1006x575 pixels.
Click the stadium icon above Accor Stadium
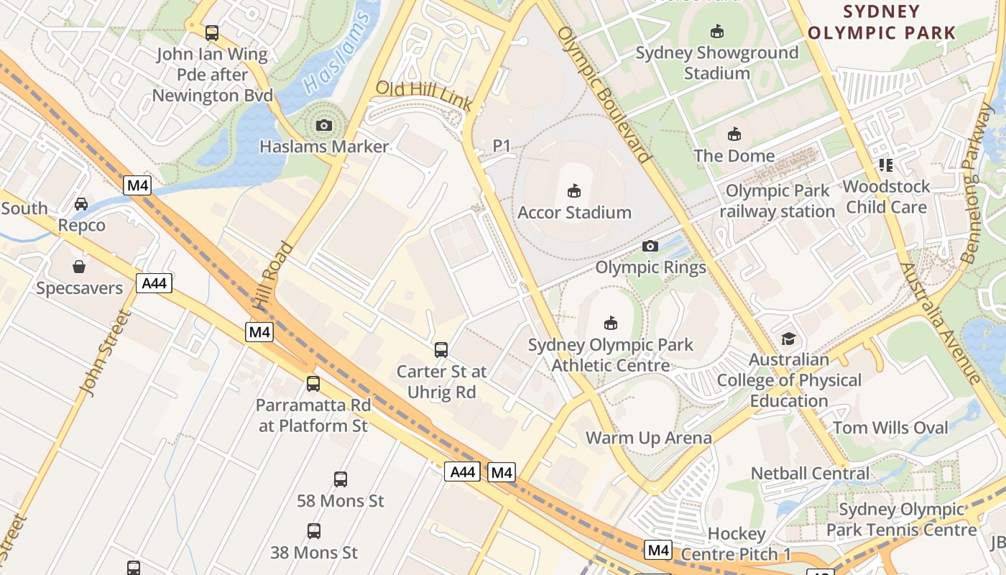click(x=573, y=190)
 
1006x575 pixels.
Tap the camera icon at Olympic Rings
click(x=650, y=247)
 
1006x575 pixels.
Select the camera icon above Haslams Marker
click(x=324, y=126)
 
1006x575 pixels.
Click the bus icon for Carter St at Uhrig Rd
click(x=441, y=350)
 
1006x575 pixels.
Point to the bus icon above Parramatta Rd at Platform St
click(x=313, y=383)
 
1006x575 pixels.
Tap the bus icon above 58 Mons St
click(x=341, y=479)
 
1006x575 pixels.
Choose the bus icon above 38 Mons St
click(x=314, y=531)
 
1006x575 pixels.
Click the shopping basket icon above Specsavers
click(x=79, y=267)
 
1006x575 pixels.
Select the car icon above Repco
click(x=81, y=204)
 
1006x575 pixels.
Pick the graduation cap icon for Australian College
click(x=788, y=339)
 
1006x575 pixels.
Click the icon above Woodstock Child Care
click(x=885, y=165)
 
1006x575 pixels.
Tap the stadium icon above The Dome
click(x=734, y=134)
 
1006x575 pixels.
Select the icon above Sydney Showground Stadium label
click(x=716, y=31)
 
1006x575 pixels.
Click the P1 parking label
click(x=502, y=146)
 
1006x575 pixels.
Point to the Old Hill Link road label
click(x=424, y=96)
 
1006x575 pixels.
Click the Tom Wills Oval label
click(x=890, y=428)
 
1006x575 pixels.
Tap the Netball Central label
click(x=810, y=474)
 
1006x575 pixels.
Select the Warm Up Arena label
click(x=648, y=438)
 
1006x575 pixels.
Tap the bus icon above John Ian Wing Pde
click(x=211, y=32)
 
